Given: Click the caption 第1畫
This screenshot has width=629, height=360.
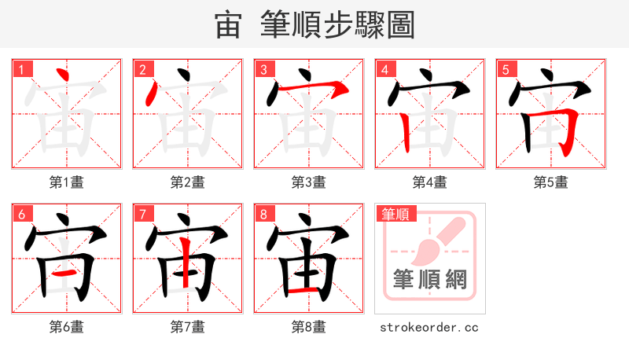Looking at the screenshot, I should (x=66, y=182).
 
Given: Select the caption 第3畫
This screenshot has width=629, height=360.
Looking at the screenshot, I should (x=308, y=182).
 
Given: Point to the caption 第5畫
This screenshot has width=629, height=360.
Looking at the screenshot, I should (x=550, y=182).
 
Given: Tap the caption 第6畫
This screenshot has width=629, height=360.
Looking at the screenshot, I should (x=66, y=327).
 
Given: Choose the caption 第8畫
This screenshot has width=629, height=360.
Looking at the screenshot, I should (x=308, y=327).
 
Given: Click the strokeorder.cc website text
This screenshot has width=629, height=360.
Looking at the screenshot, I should (x=429, y=327).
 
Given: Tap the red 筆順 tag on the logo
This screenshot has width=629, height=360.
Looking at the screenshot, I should (x=396, y=214).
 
